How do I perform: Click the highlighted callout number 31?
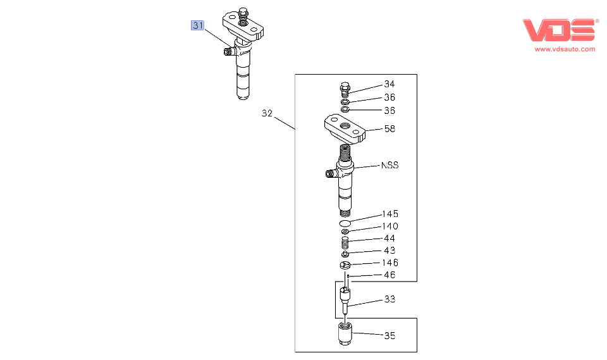[199, 26]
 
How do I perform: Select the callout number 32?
[267, 114]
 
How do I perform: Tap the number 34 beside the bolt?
[389, 85]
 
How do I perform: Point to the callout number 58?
[389, 129]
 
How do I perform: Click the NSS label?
[389, 165]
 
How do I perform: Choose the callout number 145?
[390, 214]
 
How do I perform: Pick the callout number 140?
[390, 227]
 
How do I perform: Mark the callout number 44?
[389, 239]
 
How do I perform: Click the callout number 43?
[389, 251]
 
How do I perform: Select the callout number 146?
[390, 263]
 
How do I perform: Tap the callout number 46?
[389, 275]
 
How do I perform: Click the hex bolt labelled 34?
[345, 89]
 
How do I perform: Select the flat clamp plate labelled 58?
[345, 129]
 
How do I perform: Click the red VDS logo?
[559, 30]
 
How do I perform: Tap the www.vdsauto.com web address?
[565, 49]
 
